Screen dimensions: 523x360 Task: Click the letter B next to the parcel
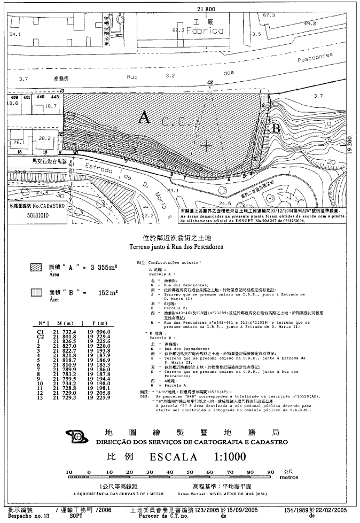coord(276,128)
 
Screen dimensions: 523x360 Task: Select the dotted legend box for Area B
coord(36,292)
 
